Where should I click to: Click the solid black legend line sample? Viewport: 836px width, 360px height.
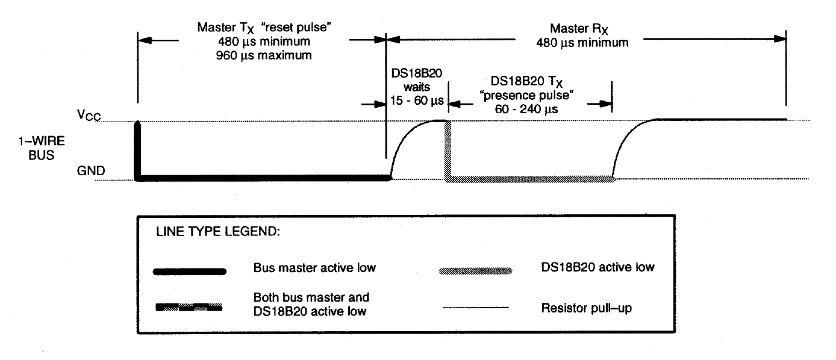(x=190, y=272)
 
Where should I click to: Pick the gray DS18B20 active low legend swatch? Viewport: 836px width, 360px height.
(x=476, y=272)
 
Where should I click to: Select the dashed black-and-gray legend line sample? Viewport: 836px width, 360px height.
(x=189, y=308)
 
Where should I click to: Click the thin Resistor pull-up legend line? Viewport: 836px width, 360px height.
(x=476, y=308)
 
